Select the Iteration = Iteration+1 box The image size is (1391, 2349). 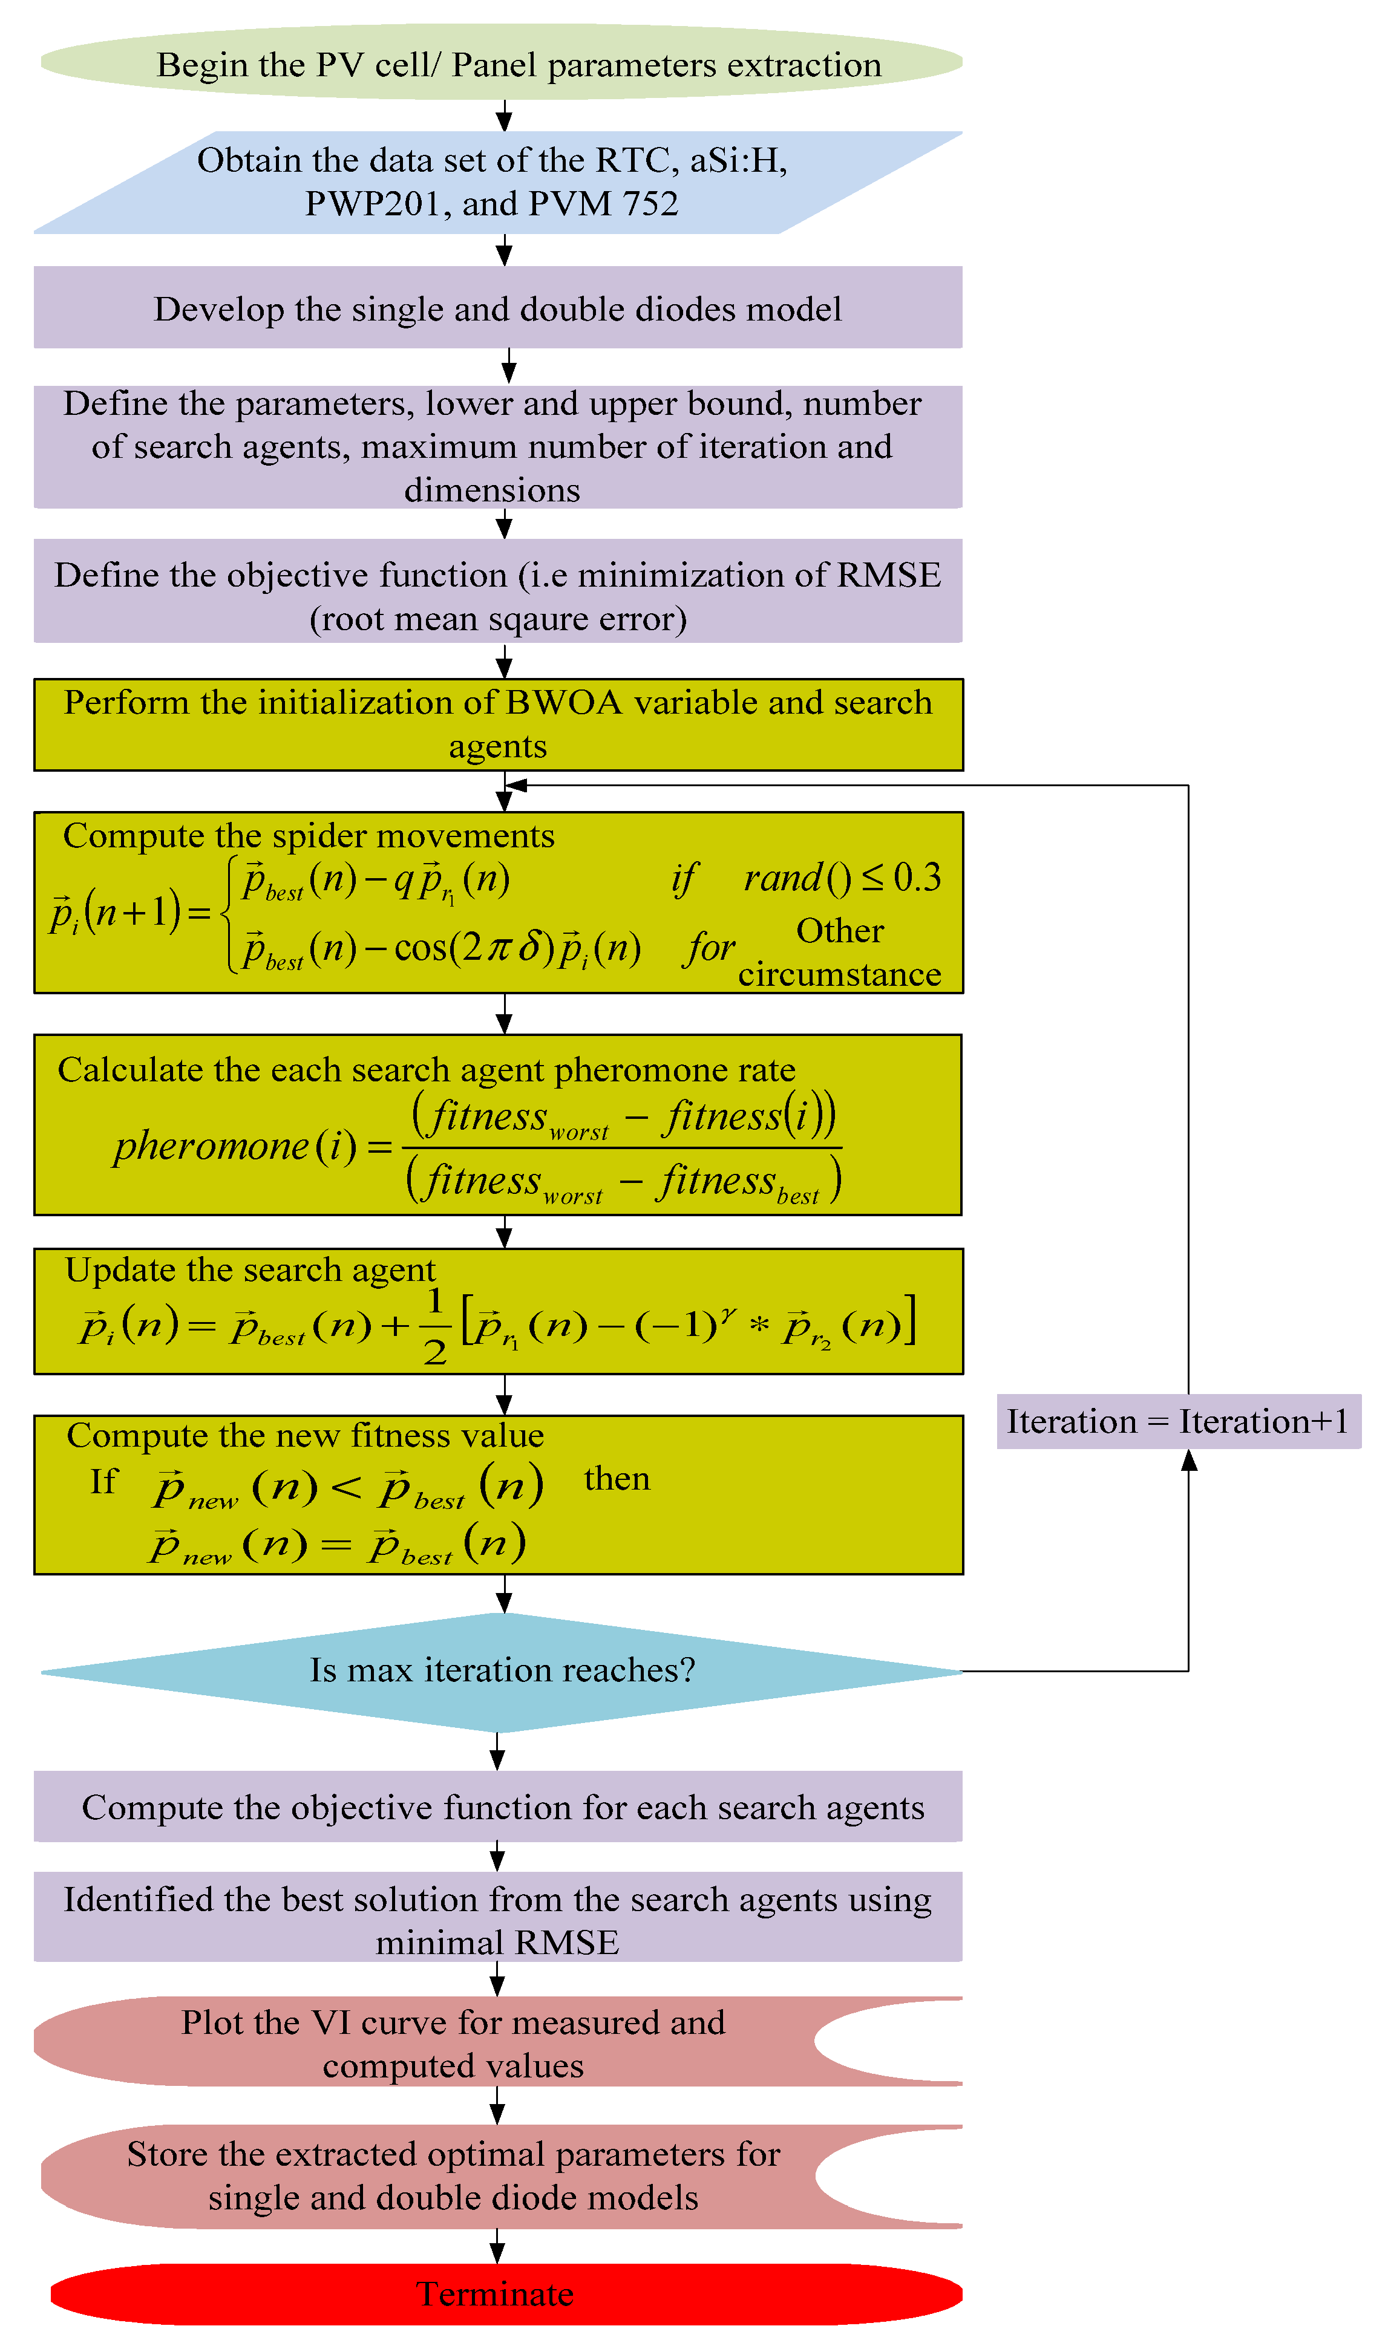pos(1177,1421)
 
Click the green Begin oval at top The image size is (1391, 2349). pos(502,64)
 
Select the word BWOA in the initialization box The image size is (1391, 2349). pos(563,702)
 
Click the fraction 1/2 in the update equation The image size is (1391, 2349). pos(434,1326)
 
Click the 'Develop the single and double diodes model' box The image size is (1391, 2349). pos(498,308)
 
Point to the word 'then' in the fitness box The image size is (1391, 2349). pos(616,1479)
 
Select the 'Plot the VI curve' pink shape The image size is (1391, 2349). pos(454,2042)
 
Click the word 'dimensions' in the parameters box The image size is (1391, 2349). pos(491,490)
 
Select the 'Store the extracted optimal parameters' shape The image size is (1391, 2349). pos(454,2175)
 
